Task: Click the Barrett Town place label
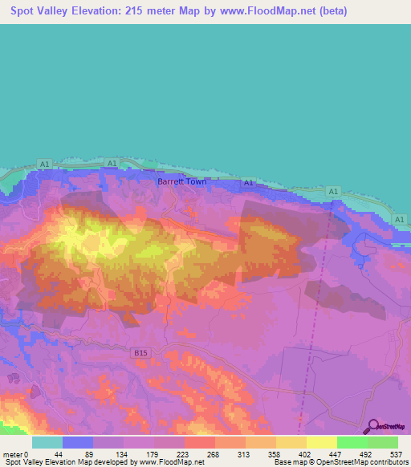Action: coord(181,182)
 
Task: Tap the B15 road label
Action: coord(141,351)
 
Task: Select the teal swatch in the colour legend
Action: coord(47,443)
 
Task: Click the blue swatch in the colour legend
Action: coord(77,443)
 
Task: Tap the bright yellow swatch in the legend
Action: coord(321,443)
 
